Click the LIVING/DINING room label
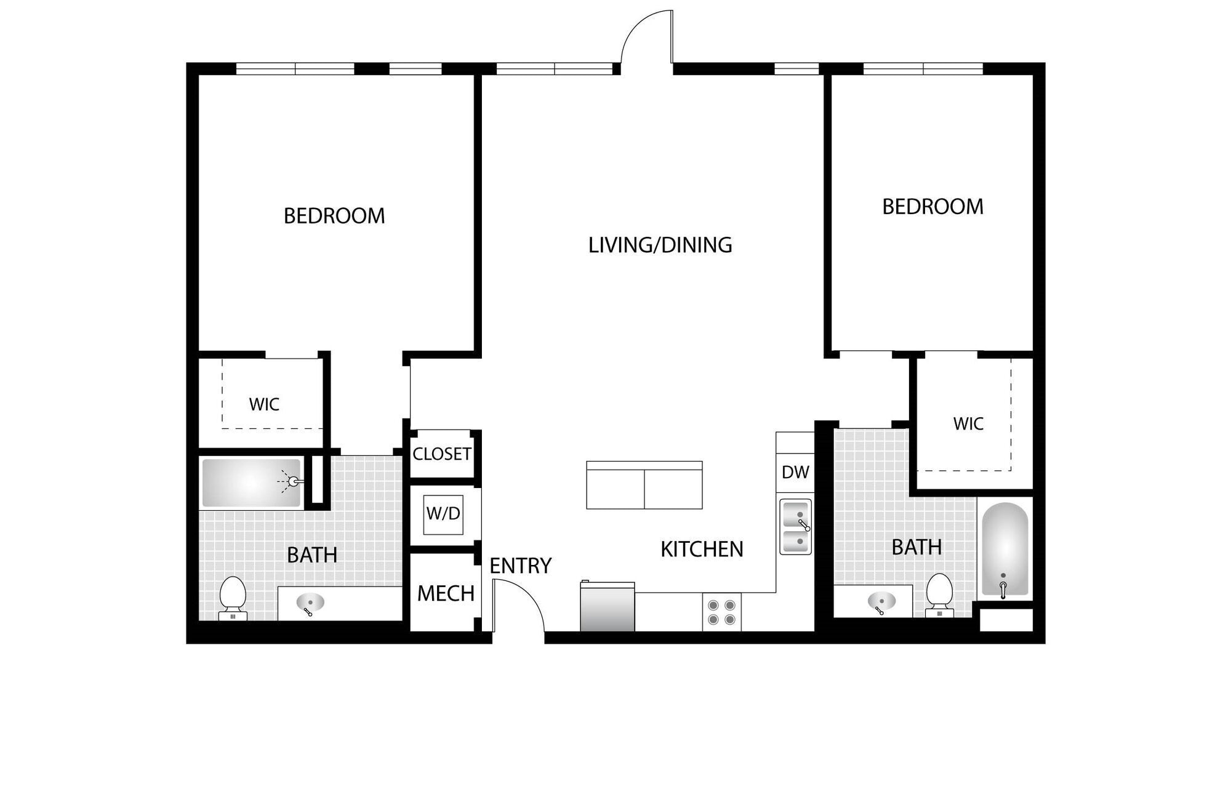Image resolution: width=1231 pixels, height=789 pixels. [x=660, y=245]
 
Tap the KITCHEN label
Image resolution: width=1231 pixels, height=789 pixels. [x=702, y=549]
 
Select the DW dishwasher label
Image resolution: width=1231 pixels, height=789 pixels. [x=795, y=472]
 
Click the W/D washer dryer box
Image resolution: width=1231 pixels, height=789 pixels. [x=443, y=513]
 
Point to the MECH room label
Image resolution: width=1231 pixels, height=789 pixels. [x=446, y=593]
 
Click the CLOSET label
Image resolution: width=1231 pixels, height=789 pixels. [x=442, y=454]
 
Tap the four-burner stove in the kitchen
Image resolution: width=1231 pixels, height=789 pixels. [x=721, y=612]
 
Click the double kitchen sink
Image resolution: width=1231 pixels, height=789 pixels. [x=795, y=527]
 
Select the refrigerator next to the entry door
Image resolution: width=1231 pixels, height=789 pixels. [x=607, y=607]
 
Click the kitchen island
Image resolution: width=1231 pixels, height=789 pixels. [x=644, y=486]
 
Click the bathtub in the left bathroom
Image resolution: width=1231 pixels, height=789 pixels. [x=251, y=483]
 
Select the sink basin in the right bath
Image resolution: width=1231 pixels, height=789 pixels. [x=881, y=601]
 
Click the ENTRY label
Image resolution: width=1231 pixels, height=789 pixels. [x=520, y=566]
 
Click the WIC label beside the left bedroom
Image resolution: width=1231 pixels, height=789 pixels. [x=264, y=404]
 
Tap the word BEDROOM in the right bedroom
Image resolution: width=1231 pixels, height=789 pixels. [x=932, y=207]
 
